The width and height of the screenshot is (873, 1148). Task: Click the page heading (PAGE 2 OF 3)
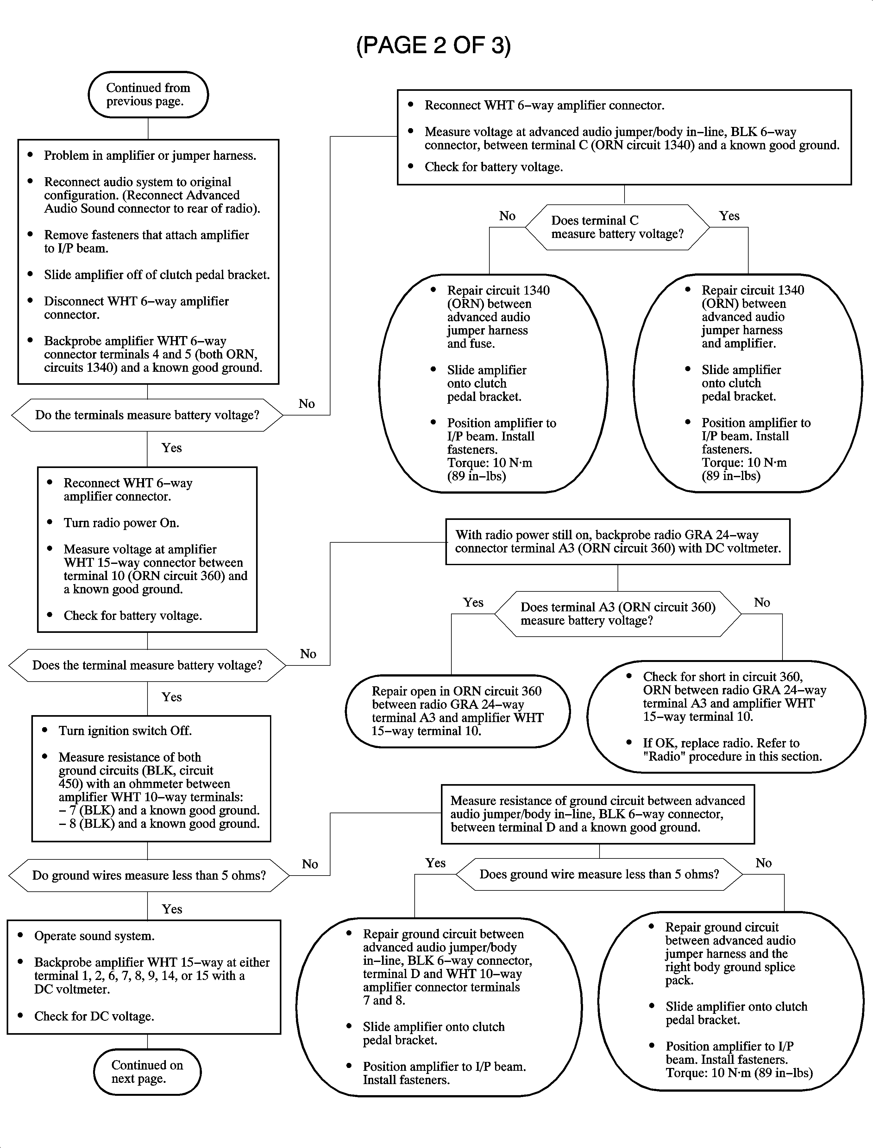[433, 46]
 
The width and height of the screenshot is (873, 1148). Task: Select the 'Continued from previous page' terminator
[148, 95]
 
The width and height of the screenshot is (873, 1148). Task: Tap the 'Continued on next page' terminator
[147, 1072]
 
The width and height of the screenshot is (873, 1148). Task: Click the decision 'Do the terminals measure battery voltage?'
[147, 415]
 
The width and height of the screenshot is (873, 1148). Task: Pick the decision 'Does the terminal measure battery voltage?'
[147, 665]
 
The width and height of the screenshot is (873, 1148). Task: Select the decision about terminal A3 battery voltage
[617, 614]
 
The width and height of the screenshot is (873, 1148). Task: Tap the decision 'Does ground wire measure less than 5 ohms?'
[599, 874]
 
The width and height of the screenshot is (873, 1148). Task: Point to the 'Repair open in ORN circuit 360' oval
[457, 711]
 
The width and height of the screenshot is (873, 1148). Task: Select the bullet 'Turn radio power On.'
[121, 523]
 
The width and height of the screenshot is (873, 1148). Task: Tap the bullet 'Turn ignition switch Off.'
[125, 731]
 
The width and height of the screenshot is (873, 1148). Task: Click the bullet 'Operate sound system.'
[94, 936]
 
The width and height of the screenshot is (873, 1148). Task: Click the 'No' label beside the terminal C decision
[507, 216]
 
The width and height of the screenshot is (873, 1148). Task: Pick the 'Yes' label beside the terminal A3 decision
[473, 602]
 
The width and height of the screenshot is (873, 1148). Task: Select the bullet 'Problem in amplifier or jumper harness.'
[150, 156]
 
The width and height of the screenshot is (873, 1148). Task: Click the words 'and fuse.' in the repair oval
[471, 344]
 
